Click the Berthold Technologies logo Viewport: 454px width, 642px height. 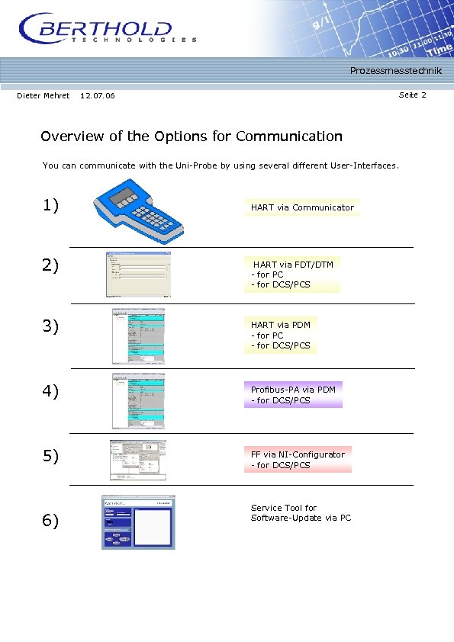click(x=107, y=30)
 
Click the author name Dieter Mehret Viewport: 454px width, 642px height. click(x=43, y=95)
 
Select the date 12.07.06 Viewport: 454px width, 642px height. click(x=98, y=95)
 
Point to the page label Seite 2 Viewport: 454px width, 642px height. click(x=412, y=95)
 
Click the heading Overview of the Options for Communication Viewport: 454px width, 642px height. click(x=192, y=136)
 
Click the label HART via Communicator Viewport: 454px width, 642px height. click(x=302, y=207)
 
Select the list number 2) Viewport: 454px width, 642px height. click(x=51, y=265)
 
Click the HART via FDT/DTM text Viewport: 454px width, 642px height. click(x=294, y=265)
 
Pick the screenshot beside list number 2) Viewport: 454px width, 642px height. click(x=137, y=274)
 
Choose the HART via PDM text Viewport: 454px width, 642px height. click(x=281, y=325)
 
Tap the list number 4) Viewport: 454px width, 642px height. click(x=51, y=392)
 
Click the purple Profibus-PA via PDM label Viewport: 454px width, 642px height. click(x=293, y=390)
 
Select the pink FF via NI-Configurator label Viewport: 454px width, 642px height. click(x=298, y=454)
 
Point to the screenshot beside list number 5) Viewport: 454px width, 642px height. click(x=138, y=460)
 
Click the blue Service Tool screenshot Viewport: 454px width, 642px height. click(x=138, y=522)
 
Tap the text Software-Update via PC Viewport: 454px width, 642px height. click(x=301, y=518)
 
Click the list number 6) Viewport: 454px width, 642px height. click(x=51, y=521)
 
